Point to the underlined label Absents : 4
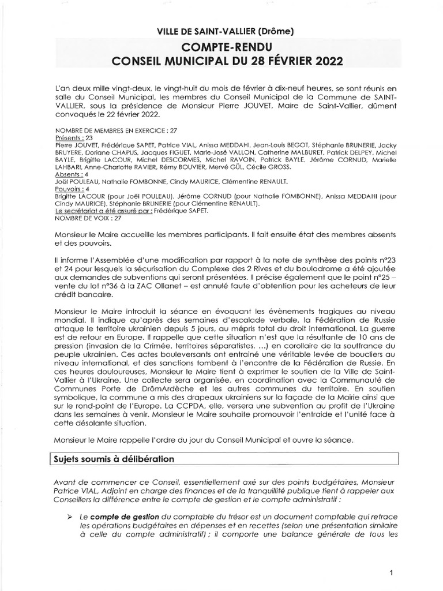tap(73, 173)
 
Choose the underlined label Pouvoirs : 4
tap(73, 188)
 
